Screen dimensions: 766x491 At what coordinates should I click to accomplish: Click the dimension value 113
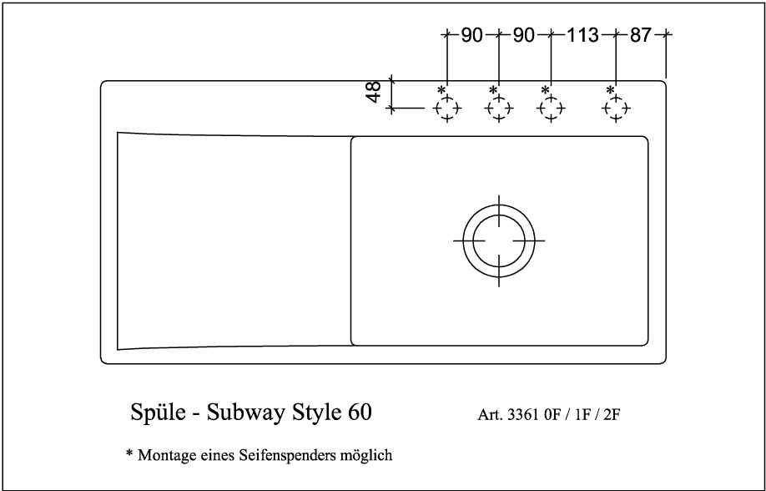pyautogui.click(x=582, y=35)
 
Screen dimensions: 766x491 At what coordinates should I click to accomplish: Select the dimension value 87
pyautogui.click(x=641, y=35)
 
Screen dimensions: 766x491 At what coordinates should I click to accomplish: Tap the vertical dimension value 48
pyautogui.click(x=374, y=92)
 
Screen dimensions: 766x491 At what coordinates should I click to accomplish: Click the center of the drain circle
pyautogui.click(x=499, y=240)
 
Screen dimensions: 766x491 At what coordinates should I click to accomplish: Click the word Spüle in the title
pyautogui.click(x=158, y=413)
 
